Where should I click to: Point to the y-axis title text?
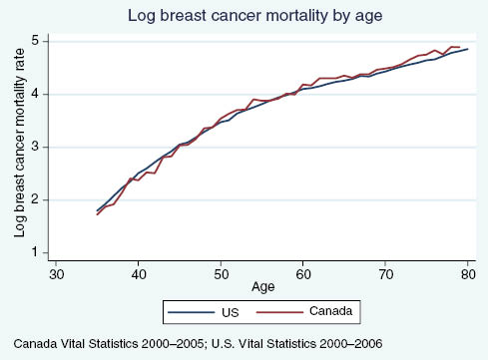click(19, 148)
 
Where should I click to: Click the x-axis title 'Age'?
click(263, 288)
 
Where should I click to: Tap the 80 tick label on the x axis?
click(467, 272)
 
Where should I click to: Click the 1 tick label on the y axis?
click(35, 252)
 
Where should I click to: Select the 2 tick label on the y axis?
click(35, 199)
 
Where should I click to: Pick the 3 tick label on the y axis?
click(35, 147)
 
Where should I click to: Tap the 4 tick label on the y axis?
click(35, 94)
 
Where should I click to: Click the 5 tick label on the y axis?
click(35, 41)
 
